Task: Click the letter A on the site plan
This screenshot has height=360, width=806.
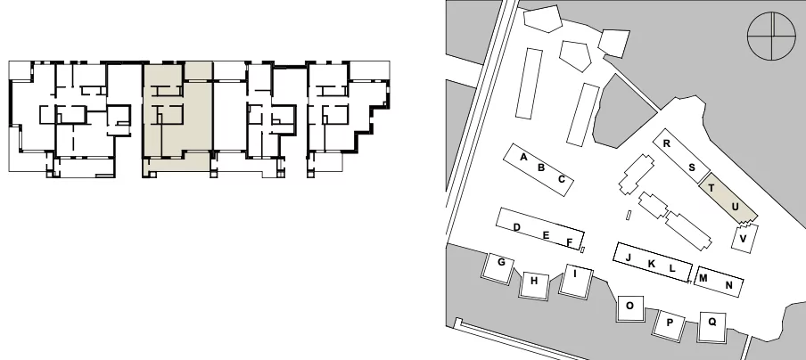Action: [523, 157]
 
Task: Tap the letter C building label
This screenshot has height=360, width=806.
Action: [562, 179]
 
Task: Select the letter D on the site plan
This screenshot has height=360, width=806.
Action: [517, 227]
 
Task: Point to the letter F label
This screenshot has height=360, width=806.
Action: [569, 241]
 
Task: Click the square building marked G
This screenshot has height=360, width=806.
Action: [498, 267]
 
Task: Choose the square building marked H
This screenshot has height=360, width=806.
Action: [534, 284]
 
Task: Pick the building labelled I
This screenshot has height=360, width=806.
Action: [576, 281]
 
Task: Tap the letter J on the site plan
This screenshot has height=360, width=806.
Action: [629, 258]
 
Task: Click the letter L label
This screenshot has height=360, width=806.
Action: [672, 268]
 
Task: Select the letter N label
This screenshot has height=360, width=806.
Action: [728, 285]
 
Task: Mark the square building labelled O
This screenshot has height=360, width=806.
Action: [630, 308]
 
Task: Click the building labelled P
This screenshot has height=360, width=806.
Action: [670, 324]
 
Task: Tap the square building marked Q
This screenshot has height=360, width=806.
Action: [711, 327]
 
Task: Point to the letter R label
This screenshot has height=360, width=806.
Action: [667, 143]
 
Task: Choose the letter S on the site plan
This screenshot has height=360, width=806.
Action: [692, 168]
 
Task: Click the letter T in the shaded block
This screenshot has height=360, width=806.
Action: [711, 188]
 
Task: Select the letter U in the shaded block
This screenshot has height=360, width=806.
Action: [735, 207]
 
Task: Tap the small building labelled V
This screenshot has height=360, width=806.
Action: [744, 238]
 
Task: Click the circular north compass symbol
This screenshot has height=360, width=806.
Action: [771, 37]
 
